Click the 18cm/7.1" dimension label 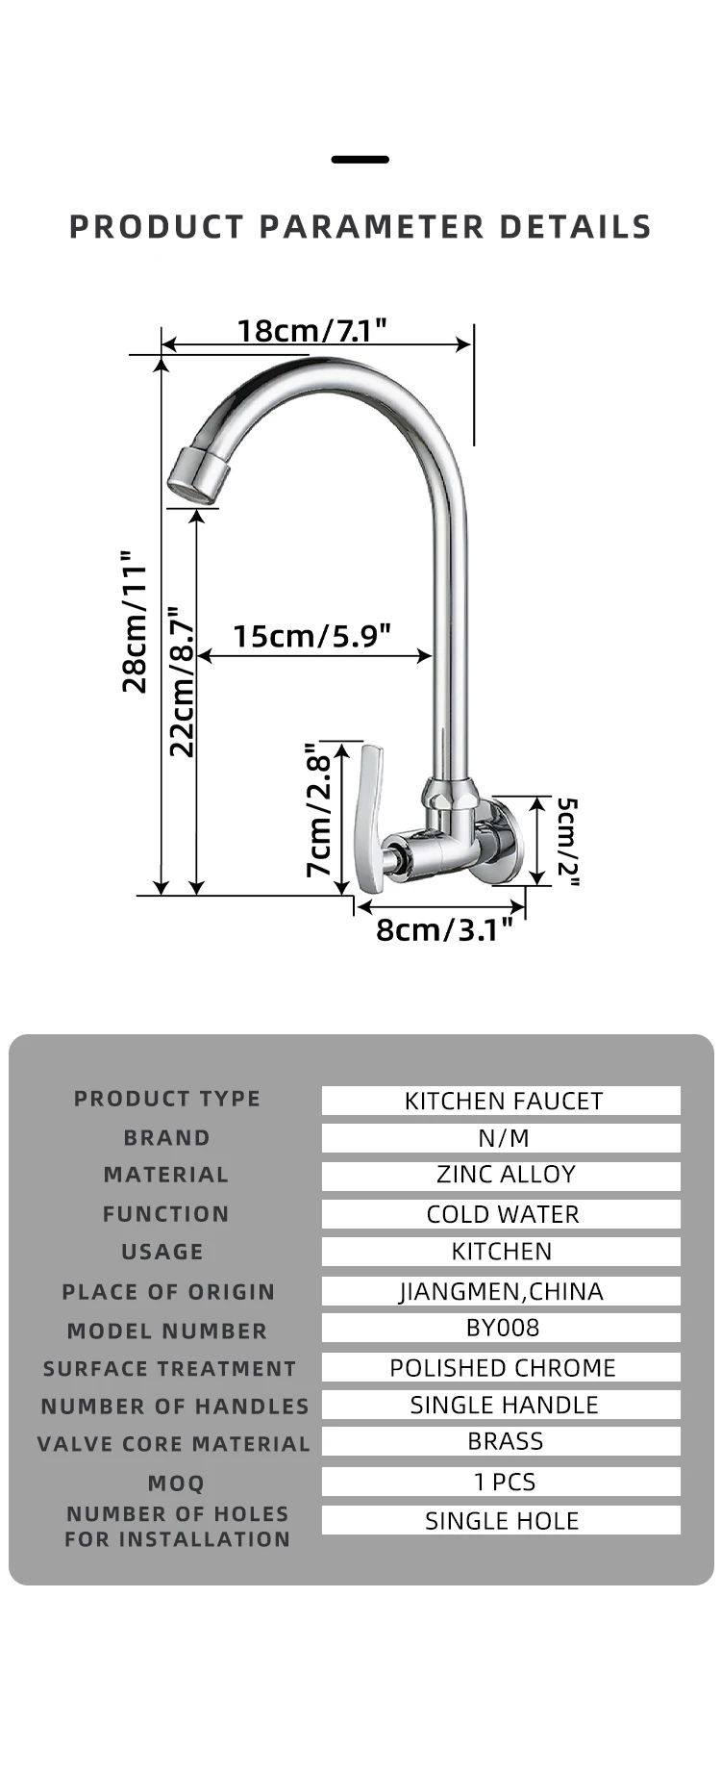[311, 331]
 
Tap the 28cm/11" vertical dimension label [135, 621]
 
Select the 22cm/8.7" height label [182, 681]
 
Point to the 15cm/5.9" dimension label [311, 636]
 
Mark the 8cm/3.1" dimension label [444, 929]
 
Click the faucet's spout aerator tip [198, 475]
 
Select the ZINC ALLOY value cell [501, 1176]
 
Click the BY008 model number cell [501, 1329]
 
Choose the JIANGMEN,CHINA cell [501, 1291]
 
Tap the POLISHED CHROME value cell [501, 1367]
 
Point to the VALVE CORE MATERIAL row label [174, 1444]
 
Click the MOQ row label [176, 1483]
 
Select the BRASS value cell [501, 1441]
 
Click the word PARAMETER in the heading [371, 227]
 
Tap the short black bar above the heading [360, 160]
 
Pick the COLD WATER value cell [501, 1214]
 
